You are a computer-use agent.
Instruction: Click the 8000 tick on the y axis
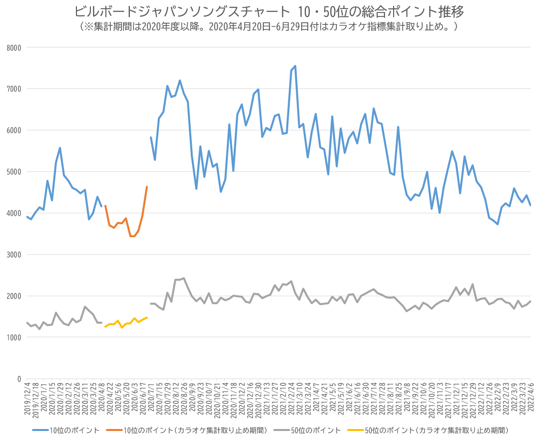click(x=13, y=47)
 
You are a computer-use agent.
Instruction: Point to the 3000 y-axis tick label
click(x=13, y=255)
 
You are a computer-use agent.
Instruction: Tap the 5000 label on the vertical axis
click(x=13, y=172)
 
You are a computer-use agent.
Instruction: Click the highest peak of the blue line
click(x=295, y=66)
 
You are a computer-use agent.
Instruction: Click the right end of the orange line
click(x=147, y=187)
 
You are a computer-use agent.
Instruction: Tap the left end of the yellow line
click(x=105, y=327)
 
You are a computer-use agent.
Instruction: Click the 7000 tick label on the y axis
click(x=13, y=89)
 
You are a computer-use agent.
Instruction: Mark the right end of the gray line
click(x=530, y=301)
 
